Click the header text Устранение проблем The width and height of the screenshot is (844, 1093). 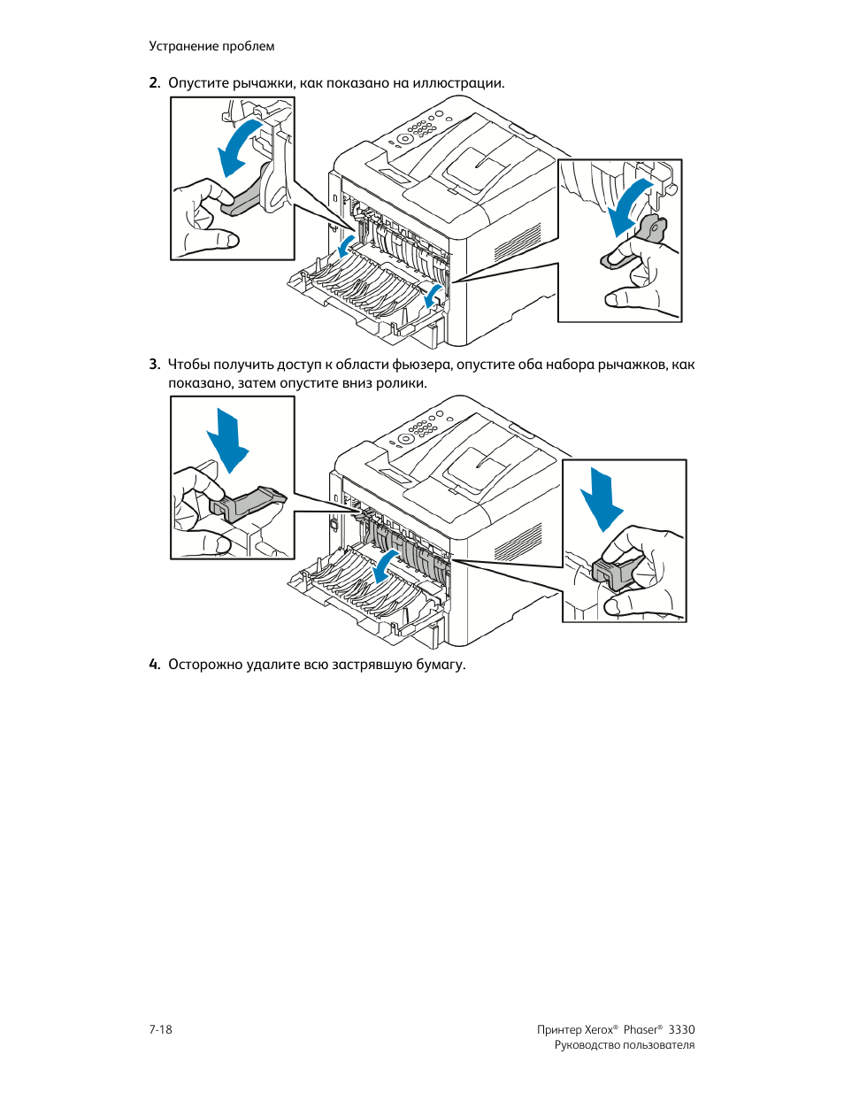point(211,46)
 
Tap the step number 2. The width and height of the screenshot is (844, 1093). point(154,83)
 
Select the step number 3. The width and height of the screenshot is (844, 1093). point(154,365)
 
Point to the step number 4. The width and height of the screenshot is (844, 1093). point(154,665)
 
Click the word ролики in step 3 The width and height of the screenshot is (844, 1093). point(403,383)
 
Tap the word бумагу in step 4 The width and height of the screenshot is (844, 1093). point(439,665)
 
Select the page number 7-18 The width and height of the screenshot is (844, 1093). point(160,1029)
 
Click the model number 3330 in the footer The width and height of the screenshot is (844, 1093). point(681,1029)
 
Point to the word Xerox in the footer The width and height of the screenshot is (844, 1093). point(599,1029)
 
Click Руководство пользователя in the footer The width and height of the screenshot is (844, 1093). point(624,1045)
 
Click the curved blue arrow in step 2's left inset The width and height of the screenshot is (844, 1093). point(239,146)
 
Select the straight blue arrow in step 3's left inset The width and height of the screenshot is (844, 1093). point(228,440)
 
